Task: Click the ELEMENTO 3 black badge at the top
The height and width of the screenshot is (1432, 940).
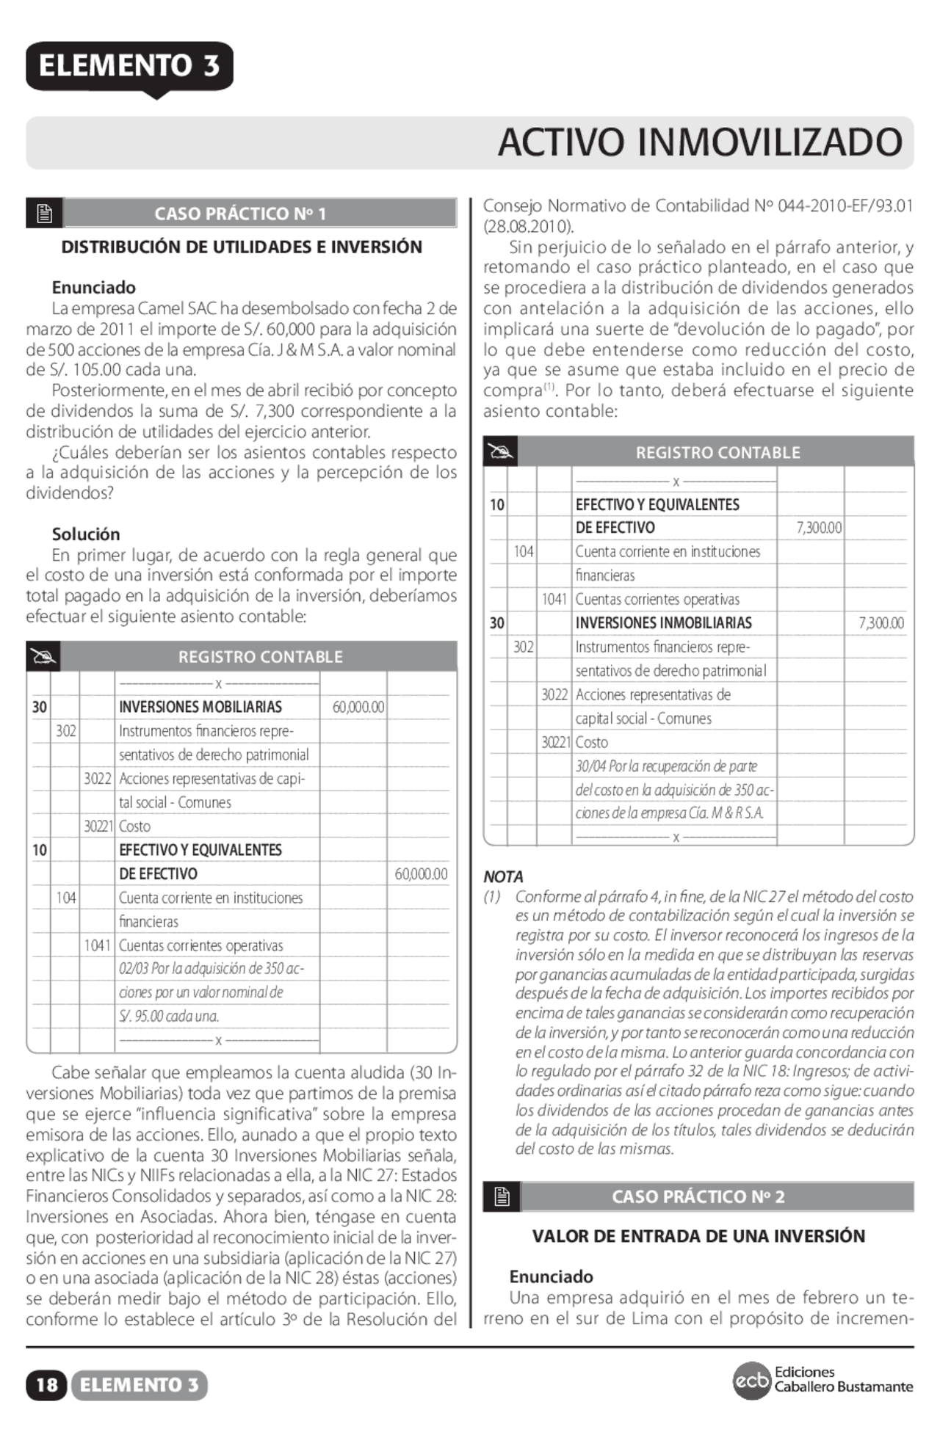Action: pyautogui.click(x=129, y=66)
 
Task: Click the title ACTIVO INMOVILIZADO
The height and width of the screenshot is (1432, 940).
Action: pyautogui.click(x=699, y=142)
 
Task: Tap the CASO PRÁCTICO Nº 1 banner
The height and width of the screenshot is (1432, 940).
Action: pyautogui.click(x=240, y=214)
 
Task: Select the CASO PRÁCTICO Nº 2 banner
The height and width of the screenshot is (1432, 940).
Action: pyautogui.click(x=698, y=1196)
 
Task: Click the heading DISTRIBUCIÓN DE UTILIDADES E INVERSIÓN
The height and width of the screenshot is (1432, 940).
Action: pyautogui.click(x=242, y=247)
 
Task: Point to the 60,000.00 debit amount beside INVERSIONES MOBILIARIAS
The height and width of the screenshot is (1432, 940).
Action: pyautogui.click(x=358, y=707)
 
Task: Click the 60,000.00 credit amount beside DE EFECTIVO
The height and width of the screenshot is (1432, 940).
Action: pyautogui.click(x=421, y=873)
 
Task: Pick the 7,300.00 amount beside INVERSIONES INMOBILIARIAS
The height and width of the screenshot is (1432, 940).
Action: pyautogui.click(x=881, y=623)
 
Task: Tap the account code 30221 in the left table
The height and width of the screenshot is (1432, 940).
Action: pyautogui.click(x=98, y=826)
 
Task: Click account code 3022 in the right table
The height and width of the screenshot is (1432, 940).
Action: pyautogui.click(x=554, y=694)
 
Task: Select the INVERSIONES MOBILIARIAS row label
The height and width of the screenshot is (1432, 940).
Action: pyautogui.click(x=200, y=707)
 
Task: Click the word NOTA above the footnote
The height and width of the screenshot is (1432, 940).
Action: pyautogui.click(x=503, y=876)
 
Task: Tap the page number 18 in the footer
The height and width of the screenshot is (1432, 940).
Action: pyautogui.click(x=46, y=1385)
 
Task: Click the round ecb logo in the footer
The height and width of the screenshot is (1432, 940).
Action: pyautogui.click(x=751, y=1381)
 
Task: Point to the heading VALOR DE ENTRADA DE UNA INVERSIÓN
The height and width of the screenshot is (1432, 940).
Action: pyautogui.click(x=698, y=1236)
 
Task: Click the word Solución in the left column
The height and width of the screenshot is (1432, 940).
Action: pyautogui.click(x=86, y=534)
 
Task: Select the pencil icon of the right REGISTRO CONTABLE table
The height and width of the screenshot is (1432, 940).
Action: pyautogui.click(x=500, y=452)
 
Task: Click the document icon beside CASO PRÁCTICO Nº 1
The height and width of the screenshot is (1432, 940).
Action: pyautogui.click(x=44, y=214)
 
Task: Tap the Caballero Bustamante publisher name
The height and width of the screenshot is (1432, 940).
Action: pyautogui.click(x=843, y=1387)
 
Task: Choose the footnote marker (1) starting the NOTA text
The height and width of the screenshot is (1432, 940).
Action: pyautogui.click(x=492, y=896)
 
